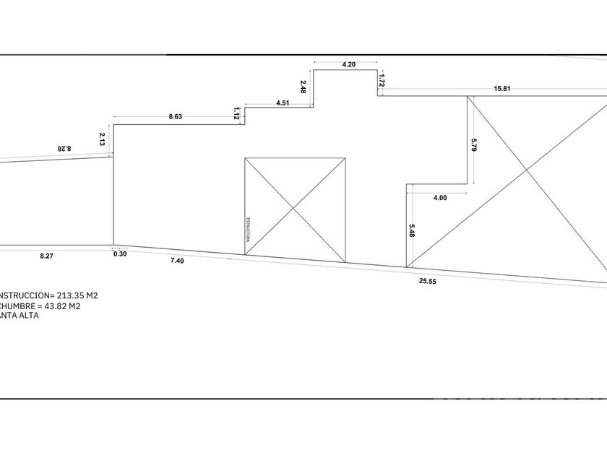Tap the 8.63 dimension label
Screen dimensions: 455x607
(176, 116)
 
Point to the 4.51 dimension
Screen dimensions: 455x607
(283, 103)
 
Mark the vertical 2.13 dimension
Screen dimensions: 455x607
(103, 139)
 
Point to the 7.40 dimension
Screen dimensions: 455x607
(177, 261)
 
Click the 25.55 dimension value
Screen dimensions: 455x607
(428, 281)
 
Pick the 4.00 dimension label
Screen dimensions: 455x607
(439, 197)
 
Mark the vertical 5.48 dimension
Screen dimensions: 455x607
(411, 231)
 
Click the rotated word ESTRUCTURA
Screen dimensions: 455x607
(249, 229)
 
